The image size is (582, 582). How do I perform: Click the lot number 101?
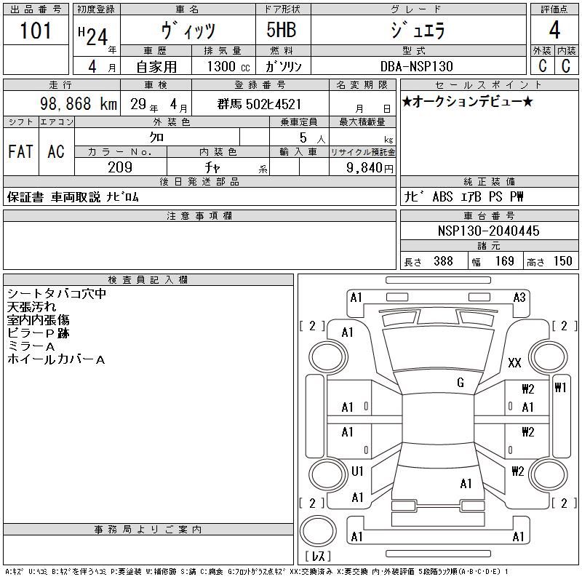click(35, 31)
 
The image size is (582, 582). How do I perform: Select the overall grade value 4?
click(554, 30)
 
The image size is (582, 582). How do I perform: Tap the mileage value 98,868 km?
click(79, 104)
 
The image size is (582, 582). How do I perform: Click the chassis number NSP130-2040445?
click(488, 231)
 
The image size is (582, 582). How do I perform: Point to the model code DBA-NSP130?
click(417, 66)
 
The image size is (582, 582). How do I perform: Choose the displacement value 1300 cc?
click(228, 66)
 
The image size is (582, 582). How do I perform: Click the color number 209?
click(120, 167)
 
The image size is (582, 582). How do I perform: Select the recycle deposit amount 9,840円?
click(370, 168)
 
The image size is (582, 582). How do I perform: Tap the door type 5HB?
click(282, 30)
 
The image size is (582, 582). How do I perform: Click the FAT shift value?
click(20, 151)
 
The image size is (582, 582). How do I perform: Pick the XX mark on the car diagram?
click(514, 362)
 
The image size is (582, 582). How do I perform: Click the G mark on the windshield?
click(461, 383)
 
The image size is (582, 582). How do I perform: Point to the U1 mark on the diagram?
click(357, 471)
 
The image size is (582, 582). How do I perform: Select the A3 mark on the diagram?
click(519, 298)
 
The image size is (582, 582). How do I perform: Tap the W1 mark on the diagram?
click(560, 388)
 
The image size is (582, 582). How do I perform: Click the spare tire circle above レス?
click(318, 531)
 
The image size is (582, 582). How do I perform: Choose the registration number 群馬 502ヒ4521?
click(259, 104)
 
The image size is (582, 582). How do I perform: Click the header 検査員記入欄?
click(148, 280)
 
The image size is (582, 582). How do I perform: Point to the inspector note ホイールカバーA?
click(56, 359)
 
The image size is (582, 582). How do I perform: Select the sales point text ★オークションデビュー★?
click(467, 101)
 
